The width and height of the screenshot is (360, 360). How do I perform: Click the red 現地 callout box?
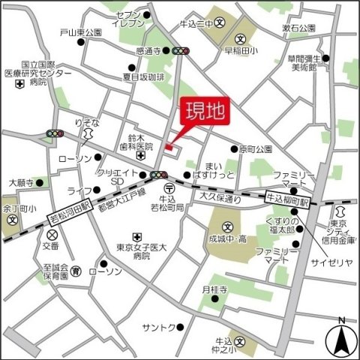[x=205, y=113]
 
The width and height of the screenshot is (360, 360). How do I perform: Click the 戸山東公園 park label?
[x=80, y=33]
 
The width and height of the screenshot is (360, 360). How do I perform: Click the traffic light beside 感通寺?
[x=180, y=51]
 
